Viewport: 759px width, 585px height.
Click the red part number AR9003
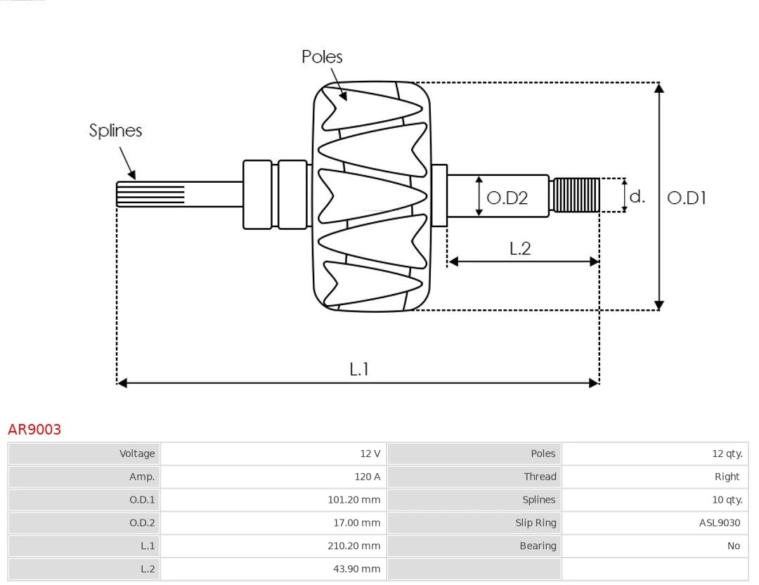[x=34, y=429]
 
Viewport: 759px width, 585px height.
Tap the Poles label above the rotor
[x=322, y=57]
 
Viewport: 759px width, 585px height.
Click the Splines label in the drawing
[x=115, y=131]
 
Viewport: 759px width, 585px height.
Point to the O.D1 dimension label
[x=686, y=198]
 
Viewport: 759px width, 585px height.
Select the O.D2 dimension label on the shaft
[x=507, y=198]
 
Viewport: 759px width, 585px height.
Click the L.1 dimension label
[x=359, y=369]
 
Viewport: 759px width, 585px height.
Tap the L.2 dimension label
[x=520, y=248]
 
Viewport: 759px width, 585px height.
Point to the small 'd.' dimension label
[x=637, y=197]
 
